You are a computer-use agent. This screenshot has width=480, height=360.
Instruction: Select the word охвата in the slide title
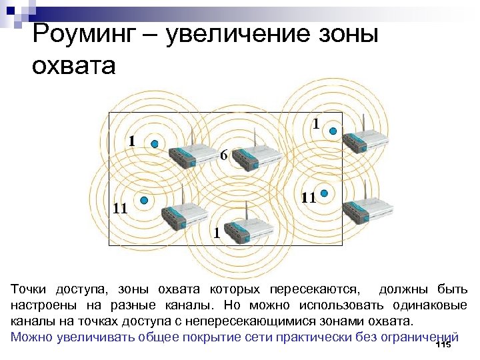pyautogui.click(x=73, y=66)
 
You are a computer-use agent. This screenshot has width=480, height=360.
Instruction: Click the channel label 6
pyautogui.click(x=224, y=155)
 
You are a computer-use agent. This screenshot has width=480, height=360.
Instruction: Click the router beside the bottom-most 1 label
pyautogui.click(x=247, y=228)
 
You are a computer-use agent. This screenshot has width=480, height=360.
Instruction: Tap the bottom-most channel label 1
pyautogui.click(x=216, y=233)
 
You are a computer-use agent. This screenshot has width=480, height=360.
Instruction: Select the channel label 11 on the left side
pyautogui.click(x=120, y=207)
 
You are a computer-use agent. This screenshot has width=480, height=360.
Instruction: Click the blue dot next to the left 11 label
pyautogui.click(x=143, y=200)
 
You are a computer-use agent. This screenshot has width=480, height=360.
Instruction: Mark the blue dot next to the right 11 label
pyautogui.click(x=324, y=193)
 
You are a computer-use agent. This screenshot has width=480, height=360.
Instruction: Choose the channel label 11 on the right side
pyautogui.click(x=307, y=198)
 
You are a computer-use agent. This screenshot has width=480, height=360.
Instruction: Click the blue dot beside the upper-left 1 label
pyautogui.click(x=155, y=144)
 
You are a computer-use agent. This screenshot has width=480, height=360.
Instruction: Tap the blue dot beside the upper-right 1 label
pyautogui.click(x=335, y=131)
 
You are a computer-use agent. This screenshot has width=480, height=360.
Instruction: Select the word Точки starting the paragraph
pyautogui.click(x=30, y=291)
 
